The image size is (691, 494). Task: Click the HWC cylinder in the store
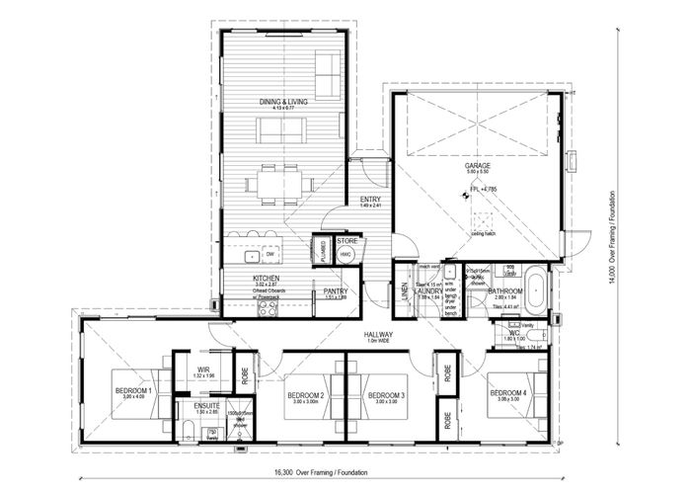(346, 254)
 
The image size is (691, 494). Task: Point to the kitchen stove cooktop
(268, 308)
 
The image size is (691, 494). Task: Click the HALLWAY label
(378, 335)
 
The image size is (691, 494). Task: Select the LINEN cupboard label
(404, 290)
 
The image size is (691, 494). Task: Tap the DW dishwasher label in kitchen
(269, 254)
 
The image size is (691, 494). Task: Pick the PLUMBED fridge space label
(323, 251)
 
